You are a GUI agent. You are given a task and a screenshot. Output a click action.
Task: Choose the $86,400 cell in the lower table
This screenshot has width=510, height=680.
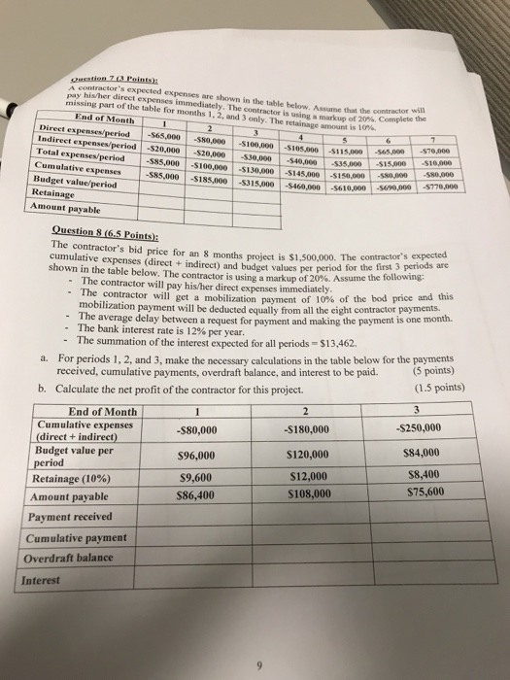point(192,493)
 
